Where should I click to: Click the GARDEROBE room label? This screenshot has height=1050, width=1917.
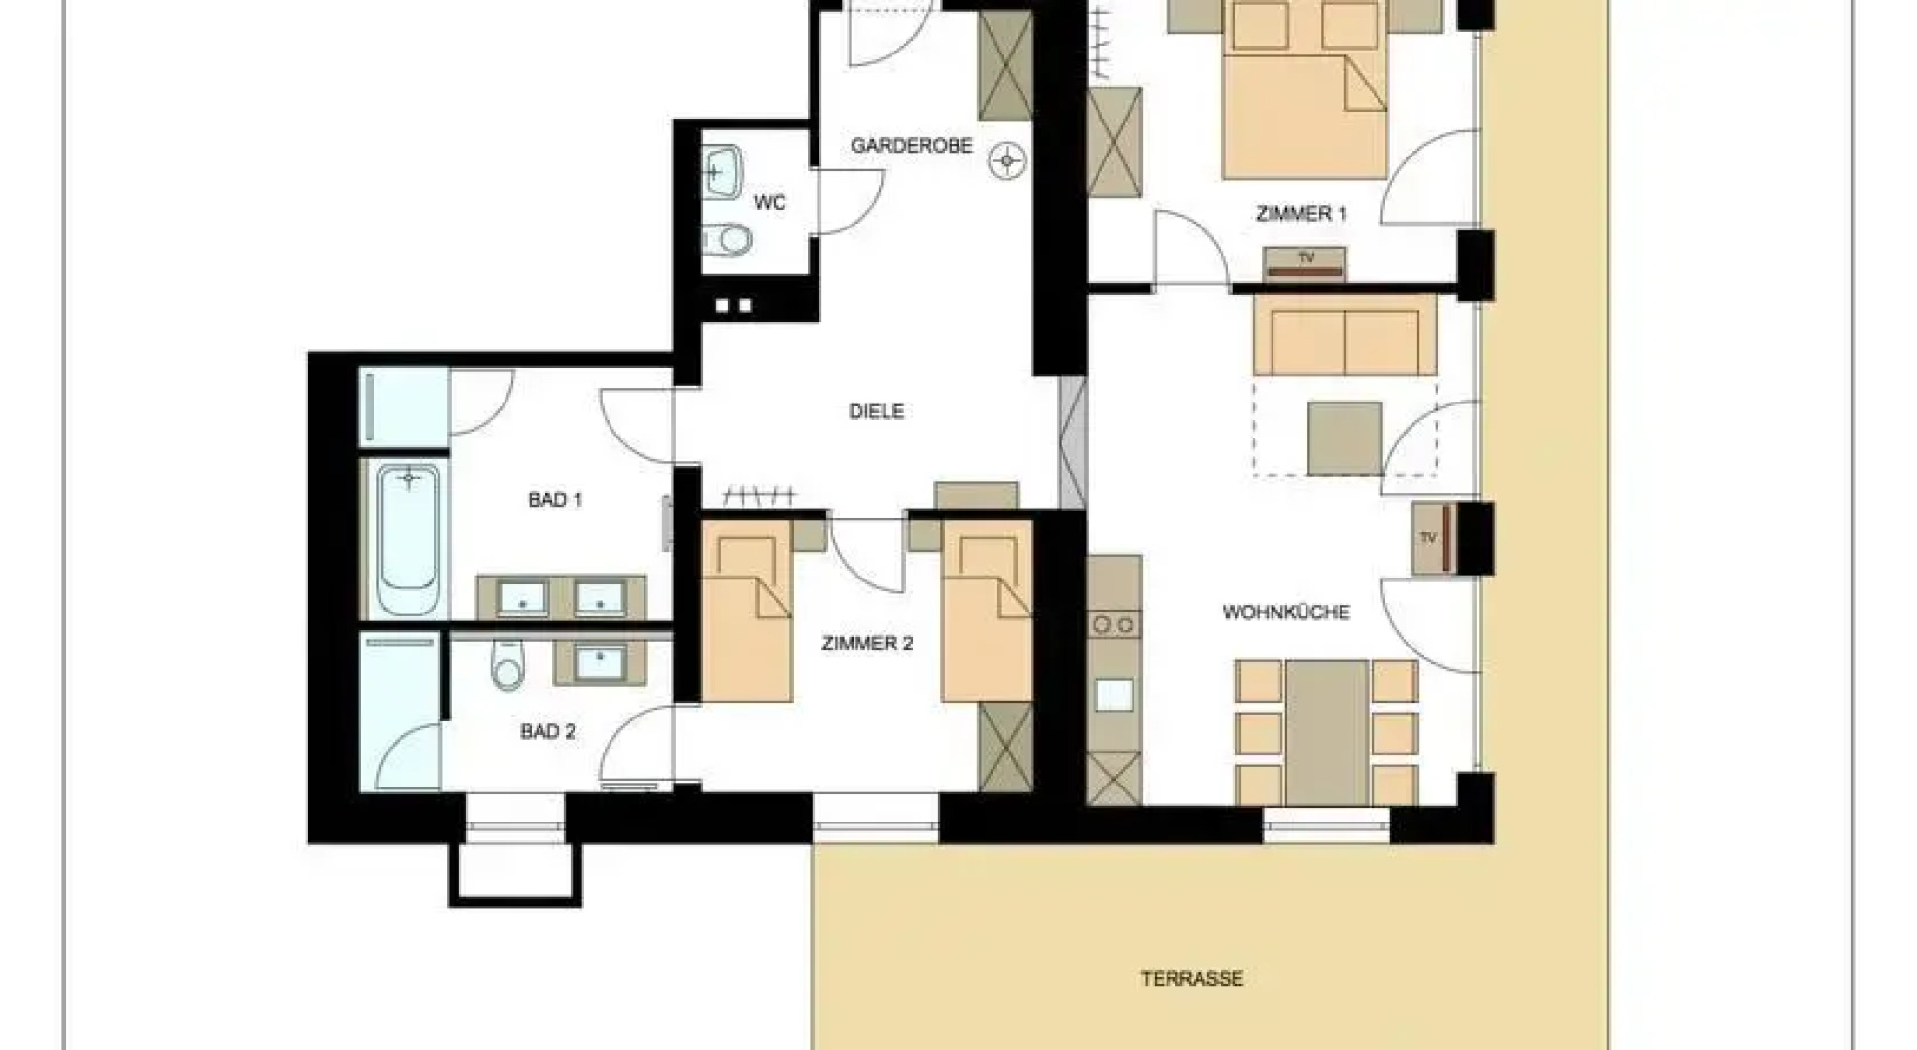pyautogui.click(x=911, y=146)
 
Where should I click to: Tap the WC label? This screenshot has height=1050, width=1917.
pyautogui.click(x=770, y=203)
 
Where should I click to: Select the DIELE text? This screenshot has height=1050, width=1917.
pyautogui.click(x=876, y=411)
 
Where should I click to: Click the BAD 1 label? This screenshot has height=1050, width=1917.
pyautogui.click(x=555, y=500)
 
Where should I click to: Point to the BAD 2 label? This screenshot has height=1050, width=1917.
pyautogui.click(x=547, y=731)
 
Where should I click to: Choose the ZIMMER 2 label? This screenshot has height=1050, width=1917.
pyautogui.click(x=867, y=644)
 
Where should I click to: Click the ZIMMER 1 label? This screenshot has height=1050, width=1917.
pyautogui.click(x=1301, y=214)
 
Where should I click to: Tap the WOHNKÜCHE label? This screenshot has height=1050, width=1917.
pyautogui.click(x=1286, y=612)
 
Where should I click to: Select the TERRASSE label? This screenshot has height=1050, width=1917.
pyautogui.click(x=1192, y=979)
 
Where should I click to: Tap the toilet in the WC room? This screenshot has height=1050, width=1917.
pyautogui.click(x=727, y=238)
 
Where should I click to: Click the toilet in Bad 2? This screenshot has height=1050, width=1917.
pyautogui.click(x=506, y=664)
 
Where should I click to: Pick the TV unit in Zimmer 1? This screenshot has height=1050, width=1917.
pyautogui.click(x=1305, y=262)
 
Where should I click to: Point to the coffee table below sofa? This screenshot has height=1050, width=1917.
pyautogui.click(x=1344, y=438)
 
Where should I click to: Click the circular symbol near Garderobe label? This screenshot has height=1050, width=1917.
pyautogui.click(x=1006, y=160)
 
